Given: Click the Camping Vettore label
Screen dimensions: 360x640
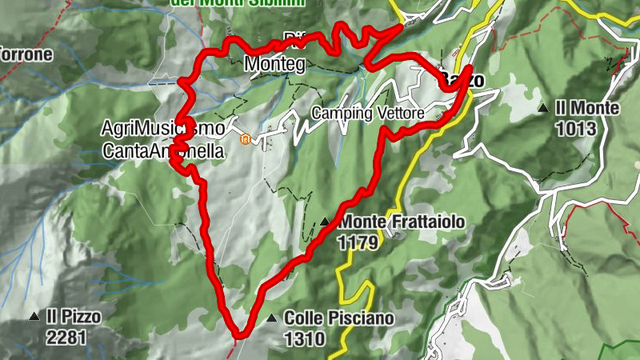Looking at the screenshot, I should [367, 114].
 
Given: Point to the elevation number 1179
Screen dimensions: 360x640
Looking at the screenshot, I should [357, 242].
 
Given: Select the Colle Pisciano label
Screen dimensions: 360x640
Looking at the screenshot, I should [338, 318].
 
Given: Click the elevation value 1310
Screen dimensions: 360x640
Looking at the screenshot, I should [304, 339].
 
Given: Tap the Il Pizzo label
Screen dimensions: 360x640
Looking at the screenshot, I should [74, 317].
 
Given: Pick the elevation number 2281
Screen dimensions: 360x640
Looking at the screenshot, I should [66, 338].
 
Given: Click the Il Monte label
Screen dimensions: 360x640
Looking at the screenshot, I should [588, 108].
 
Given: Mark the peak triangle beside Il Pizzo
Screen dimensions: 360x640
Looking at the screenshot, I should [34, 318].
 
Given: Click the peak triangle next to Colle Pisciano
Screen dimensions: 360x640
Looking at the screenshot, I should [271, 318].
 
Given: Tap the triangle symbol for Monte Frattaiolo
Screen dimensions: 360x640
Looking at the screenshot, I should [325, 222].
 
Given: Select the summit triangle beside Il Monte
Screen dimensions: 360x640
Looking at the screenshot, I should [544, 108].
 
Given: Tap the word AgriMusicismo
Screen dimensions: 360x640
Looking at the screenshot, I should [152, 128].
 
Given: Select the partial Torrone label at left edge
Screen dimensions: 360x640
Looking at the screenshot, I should [26, 55].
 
